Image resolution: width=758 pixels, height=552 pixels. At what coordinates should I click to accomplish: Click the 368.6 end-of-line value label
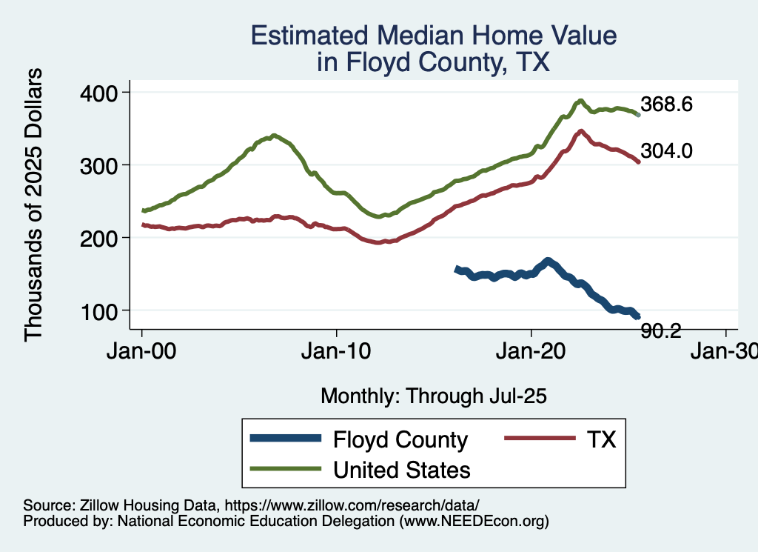click(667, 104)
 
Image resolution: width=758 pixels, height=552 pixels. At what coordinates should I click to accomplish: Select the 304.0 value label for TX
click(667, 151)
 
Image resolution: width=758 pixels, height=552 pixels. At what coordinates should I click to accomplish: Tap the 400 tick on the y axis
click(104, 92)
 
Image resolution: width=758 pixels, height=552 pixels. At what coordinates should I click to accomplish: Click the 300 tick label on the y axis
click(104, 164)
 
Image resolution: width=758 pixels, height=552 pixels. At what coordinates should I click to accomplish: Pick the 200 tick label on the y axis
click(104, 237)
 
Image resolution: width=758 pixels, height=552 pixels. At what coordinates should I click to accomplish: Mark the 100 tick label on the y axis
click(104, 310)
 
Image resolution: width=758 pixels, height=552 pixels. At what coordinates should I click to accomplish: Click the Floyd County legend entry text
click(400, 440)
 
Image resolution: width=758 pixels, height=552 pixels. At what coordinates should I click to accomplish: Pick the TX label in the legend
click(601, 440)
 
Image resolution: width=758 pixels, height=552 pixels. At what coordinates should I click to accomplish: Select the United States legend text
click(402, 470)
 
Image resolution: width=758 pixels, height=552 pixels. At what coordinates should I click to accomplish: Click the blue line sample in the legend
click(286, 439)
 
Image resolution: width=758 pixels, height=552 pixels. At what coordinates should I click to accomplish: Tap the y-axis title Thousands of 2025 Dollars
click(34, 205)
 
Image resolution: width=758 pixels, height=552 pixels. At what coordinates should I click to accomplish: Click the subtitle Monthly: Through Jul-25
click(433, 396)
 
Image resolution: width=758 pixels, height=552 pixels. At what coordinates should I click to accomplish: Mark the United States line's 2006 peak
click(274, 136)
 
